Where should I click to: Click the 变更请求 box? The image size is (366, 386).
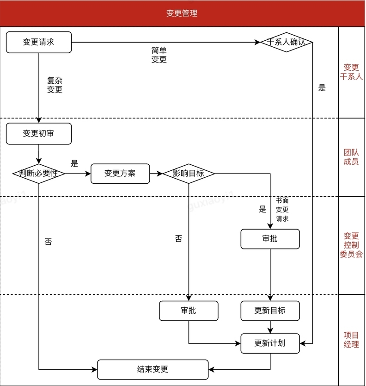tap(39, 42)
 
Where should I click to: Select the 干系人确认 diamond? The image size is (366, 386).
tap(287, 42)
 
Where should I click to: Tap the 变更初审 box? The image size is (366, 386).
tap(39, 134)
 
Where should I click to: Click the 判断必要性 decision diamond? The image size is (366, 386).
tap(39, 174)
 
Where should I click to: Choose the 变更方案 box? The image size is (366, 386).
tap(120, 174)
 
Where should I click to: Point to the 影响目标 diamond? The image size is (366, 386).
tap(189, 174)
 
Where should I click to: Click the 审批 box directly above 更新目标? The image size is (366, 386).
tap(270, 239)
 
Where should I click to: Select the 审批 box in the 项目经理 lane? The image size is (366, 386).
tap(189, 311)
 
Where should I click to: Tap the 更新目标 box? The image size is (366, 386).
tap(270, 311)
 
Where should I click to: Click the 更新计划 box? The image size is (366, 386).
tap(270, 343)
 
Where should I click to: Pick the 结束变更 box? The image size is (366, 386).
tap(152, 369)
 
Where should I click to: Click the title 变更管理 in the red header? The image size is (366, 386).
tap(182, 13)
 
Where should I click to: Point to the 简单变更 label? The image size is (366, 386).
tap(159, 55)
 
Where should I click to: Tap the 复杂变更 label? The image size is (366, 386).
tap(55, 85)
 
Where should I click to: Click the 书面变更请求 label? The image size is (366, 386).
tap(282, 210)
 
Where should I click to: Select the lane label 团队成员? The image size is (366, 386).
tap(351, 157)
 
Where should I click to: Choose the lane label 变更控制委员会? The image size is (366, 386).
tap(351, 245)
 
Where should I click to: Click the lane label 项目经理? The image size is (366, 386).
tap(351, 339)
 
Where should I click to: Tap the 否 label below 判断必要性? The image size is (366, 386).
tap(48, 242)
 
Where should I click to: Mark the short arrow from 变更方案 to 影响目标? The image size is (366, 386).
tap(156, 174)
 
